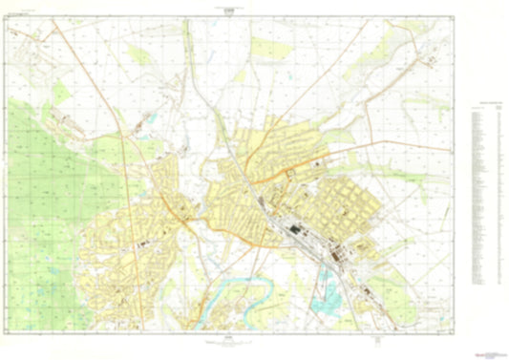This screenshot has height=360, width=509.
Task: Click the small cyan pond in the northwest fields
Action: [144, 121]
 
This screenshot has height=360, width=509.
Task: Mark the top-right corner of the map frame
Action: [455, 16]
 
